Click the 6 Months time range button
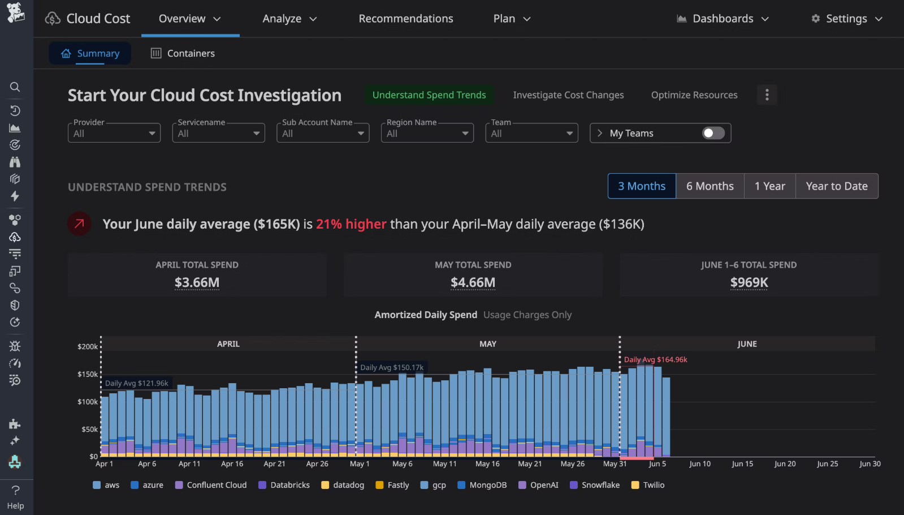(710, 186)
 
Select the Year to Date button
(836, 186)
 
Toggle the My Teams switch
(713, 133)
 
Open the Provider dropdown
(114, 134)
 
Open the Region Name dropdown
(427, 134)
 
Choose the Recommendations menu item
(406, 19)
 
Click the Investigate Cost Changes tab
(568, 95)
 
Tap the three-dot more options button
(767, 95)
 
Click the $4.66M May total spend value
(473, 282)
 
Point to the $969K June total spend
(749, 282)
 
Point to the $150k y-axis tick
(88, 374)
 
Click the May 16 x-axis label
(487, 463)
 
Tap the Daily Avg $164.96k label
(655, 360)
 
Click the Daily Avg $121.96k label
(137, 383)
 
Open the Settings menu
(846, 19)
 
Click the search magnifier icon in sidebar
(15, 87)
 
